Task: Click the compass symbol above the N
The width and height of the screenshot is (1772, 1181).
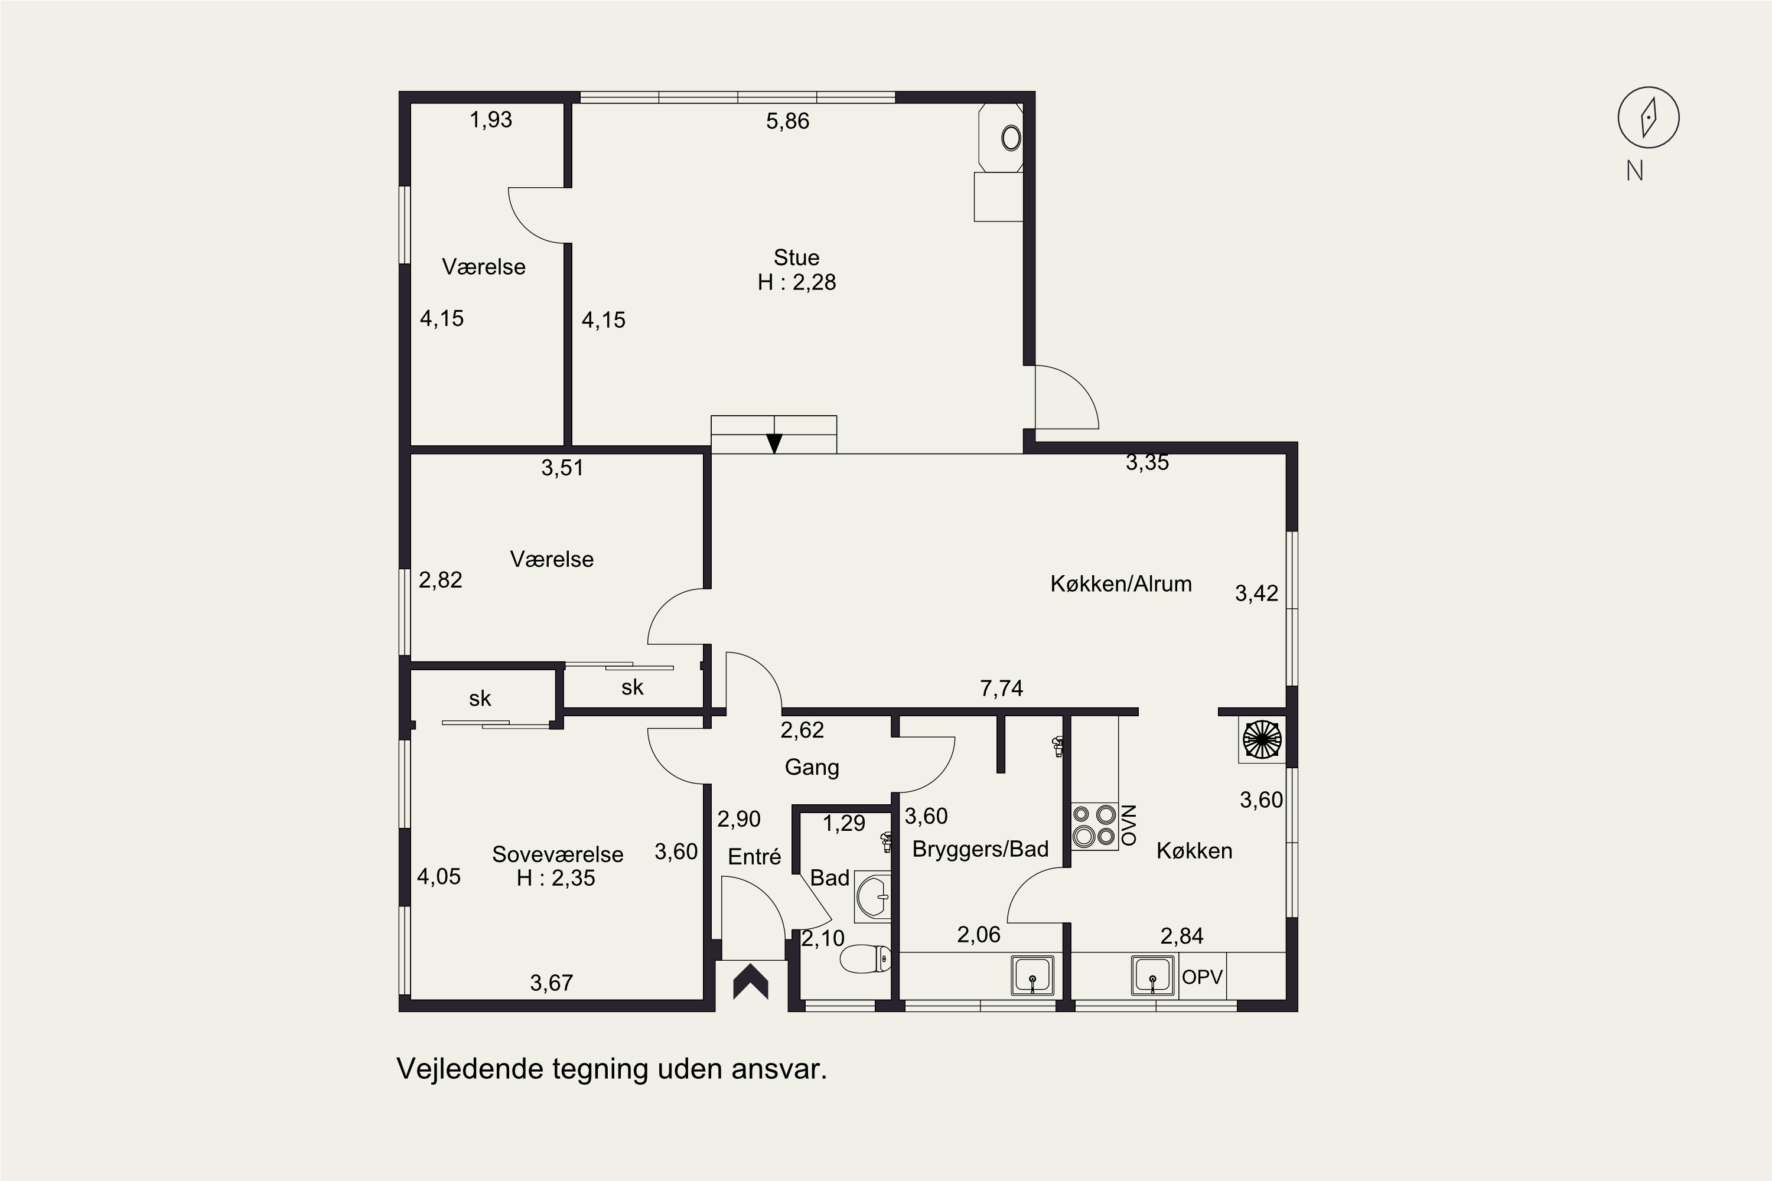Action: (x=1649, y=118)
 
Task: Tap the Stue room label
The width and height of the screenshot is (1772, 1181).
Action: (x=796, y=257)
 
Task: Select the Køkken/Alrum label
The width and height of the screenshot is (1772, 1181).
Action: (x=1121, y=584)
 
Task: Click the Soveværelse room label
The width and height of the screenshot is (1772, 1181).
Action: (x=558, y=854)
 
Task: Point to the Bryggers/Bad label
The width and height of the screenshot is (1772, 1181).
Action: (x=980, y=849)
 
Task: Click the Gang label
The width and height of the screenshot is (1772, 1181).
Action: (x=812, y=768)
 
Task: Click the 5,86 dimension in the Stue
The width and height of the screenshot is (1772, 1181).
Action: (x=787, y=121)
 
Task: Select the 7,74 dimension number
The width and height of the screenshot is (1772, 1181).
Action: (x=1001, y=688)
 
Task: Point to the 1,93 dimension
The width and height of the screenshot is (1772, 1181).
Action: (x=491, y=120)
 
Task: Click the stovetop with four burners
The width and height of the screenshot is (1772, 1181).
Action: (x=1095, y=826)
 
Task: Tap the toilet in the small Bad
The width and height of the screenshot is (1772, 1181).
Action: (x=865, y=960)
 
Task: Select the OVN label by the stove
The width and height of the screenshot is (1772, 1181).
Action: (x=1129, y=826)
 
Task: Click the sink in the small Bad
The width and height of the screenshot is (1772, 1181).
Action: (x=872, y=897)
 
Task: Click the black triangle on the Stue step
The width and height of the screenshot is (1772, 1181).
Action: (x=774, y=443)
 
